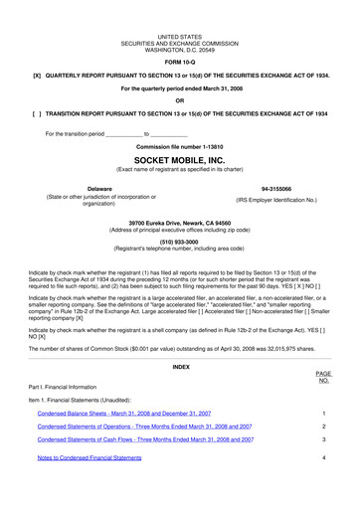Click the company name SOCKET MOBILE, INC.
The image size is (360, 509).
[x=179, y=158]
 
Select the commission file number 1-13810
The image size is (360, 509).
[x=179, y=146]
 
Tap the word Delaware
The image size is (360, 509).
[x=72, y=188]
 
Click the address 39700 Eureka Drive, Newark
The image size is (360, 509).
[x=179, y=223]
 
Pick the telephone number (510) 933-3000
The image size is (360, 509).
[x=179, y=241]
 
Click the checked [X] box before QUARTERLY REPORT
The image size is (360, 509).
[x=37, y=75]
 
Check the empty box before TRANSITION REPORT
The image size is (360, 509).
[x=37, y=114]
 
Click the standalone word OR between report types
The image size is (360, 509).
[x=179, y=100]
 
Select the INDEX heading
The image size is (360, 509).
[x=179, y=337]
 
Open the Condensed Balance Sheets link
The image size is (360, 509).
[x=123, y=412]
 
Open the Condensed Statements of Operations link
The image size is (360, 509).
[x=144, y=425]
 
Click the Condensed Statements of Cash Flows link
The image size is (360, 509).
[x=144, y=438]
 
